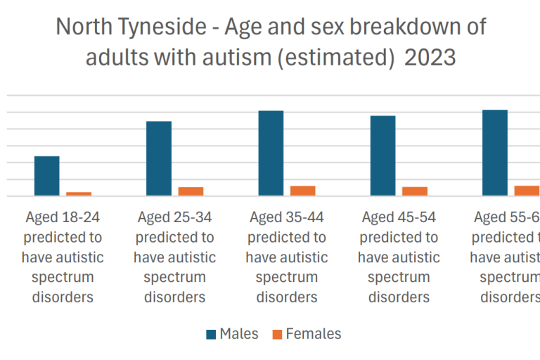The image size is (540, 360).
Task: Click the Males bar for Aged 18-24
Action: (46, 176)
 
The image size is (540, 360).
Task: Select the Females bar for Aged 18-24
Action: (79, 193)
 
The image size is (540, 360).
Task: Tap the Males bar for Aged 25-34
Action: (159, 158)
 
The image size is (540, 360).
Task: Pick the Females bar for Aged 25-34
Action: (191, 191)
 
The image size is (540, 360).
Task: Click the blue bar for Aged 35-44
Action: (271, 153)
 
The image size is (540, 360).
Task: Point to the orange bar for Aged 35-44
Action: (302, 191)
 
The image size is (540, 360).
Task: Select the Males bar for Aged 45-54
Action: (382, 155)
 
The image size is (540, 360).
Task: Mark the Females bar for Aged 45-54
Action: (415, 191)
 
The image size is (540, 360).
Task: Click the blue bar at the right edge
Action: (494, 153)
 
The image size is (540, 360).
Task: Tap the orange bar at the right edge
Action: (527, 191)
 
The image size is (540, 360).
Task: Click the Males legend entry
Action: (238, 334)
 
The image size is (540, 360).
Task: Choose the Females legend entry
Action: (313, 334)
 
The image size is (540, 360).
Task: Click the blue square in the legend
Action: (211, 334)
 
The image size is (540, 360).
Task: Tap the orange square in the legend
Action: (276, 334)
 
